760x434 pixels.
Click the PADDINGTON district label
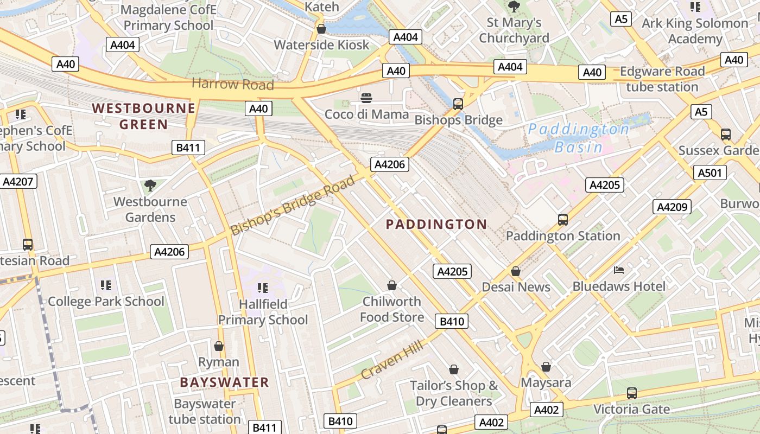[436, 224]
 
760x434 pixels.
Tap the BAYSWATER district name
[224, 382]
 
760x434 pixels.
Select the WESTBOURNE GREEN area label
[143, 116]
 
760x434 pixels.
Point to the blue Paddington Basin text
[579, 138]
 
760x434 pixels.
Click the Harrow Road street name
[232, 84]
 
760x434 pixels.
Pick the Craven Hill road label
[394, 357]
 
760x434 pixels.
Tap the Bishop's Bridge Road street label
[293, 205]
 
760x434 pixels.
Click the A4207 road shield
[18, 181]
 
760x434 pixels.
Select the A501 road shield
[710, 173]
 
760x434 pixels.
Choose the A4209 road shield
[673, 206]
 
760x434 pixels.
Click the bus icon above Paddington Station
[563, 220]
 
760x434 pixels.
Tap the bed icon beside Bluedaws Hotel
[619, 270]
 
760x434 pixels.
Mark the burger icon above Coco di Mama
[366, 98]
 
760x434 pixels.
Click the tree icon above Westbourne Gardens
[150, 186]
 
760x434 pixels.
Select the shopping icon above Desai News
[516, 271]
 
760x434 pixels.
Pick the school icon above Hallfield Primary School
[263, 288]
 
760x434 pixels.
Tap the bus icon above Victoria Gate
[631, 393]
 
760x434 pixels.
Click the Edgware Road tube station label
[662, 79]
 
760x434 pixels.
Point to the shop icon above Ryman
[219, 346]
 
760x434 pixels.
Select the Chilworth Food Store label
[392, 309]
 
